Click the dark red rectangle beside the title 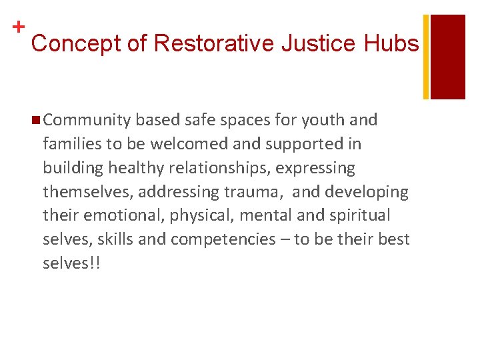click(448, 57)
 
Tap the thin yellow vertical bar click(427, 57)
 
